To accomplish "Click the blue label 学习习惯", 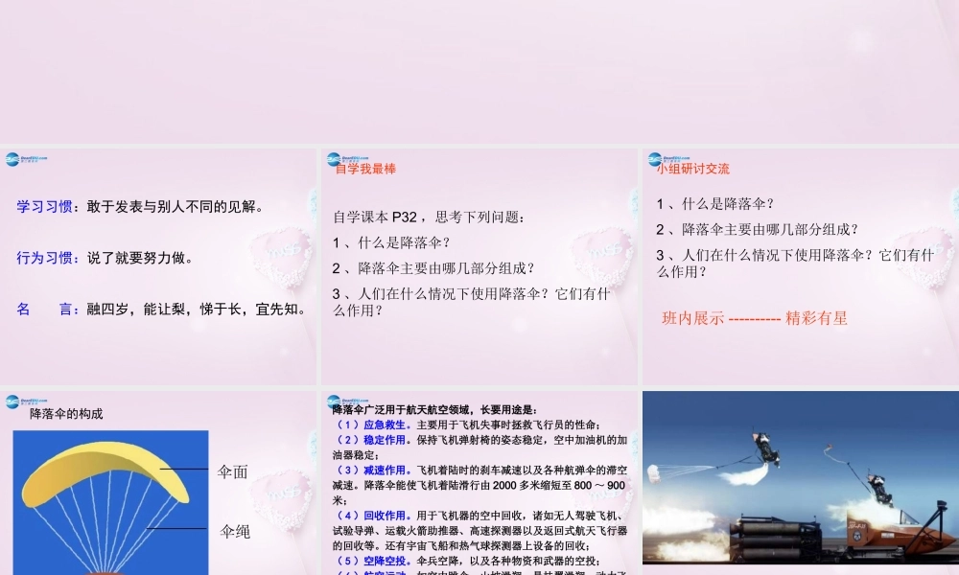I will [48, 206].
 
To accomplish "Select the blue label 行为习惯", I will [48, 258].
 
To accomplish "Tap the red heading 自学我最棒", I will [365, 169].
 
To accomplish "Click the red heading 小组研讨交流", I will [693, 169].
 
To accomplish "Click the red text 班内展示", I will [692, 318].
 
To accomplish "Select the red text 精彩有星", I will [816, 318].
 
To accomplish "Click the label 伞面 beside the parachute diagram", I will [233, 471].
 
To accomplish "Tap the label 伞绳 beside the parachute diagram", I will [235, 531].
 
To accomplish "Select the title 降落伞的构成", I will [66, 414].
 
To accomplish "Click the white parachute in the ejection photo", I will [667, 471].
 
